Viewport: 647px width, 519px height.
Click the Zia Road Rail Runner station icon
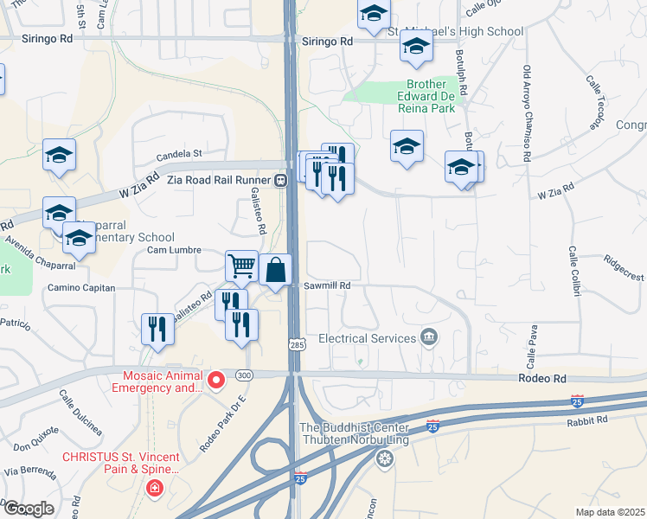tap(280, 182)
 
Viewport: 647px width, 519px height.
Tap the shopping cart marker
tap(242, 266)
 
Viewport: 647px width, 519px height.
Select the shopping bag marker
tap(275, 270)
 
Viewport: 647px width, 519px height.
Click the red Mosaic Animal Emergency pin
tap(216, 378)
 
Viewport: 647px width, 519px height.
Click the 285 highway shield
tap(296, 344)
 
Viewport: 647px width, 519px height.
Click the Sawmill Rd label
tap(327, 285)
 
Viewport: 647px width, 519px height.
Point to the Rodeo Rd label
tap(542, 379)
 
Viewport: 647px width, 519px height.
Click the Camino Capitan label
tap(80, 287)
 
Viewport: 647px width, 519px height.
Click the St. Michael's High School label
tap(455, 32)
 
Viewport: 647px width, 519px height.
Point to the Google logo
tap(30, 508)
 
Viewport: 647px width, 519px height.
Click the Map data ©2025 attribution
tap(609, 511)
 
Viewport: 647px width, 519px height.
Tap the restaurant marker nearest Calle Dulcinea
tap(157, 329)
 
